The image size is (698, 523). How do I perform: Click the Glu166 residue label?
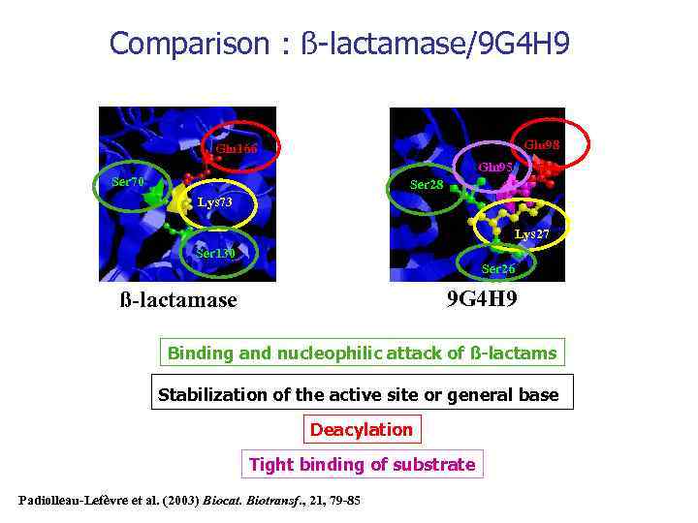(x=237, y=150)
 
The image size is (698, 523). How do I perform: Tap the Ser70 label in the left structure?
(x=128, y=182)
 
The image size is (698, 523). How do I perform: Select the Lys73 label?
(x=214, y=202)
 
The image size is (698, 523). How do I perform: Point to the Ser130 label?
(x=215, y=254)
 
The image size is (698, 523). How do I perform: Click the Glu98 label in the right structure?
(x=541, y=144)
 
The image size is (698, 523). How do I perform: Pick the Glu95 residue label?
(x=495, y=167)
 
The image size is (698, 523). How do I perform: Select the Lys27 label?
(x=532, y=234)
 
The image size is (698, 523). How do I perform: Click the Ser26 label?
(x=498, y=269)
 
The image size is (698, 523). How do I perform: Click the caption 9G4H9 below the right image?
(x=481, y=297)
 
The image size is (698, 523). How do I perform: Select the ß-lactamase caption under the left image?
(x=177, y=300)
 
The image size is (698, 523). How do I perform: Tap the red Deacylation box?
(x=361, y=429)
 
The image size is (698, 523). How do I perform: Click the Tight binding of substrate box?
(x=362, y=465)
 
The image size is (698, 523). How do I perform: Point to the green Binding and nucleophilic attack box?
(x=362, y=353)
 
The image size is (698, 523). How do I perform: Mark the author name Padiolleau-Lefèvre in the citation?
(x=72, y=500)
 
